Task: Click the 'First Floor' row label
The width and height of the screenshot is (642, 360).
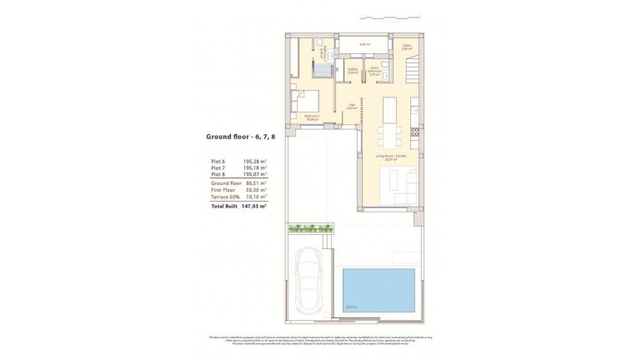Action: click(223, 189)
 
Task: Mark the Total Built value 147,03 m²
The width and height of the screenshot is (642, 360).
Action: click(254, 205)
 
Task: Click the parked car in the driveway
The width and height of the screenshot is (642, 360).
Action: click(310, 282)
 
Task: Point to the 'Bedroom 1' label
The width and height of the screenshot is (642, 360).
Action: click(312, 117)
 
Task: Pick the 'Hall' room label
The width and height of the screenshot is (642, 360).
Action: click(352, 105)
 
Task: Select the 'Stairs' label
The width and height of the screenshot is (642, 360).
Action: click(407, 47)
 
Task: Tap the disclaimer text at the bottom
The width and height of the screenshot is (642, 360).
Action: click(321, 340)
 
